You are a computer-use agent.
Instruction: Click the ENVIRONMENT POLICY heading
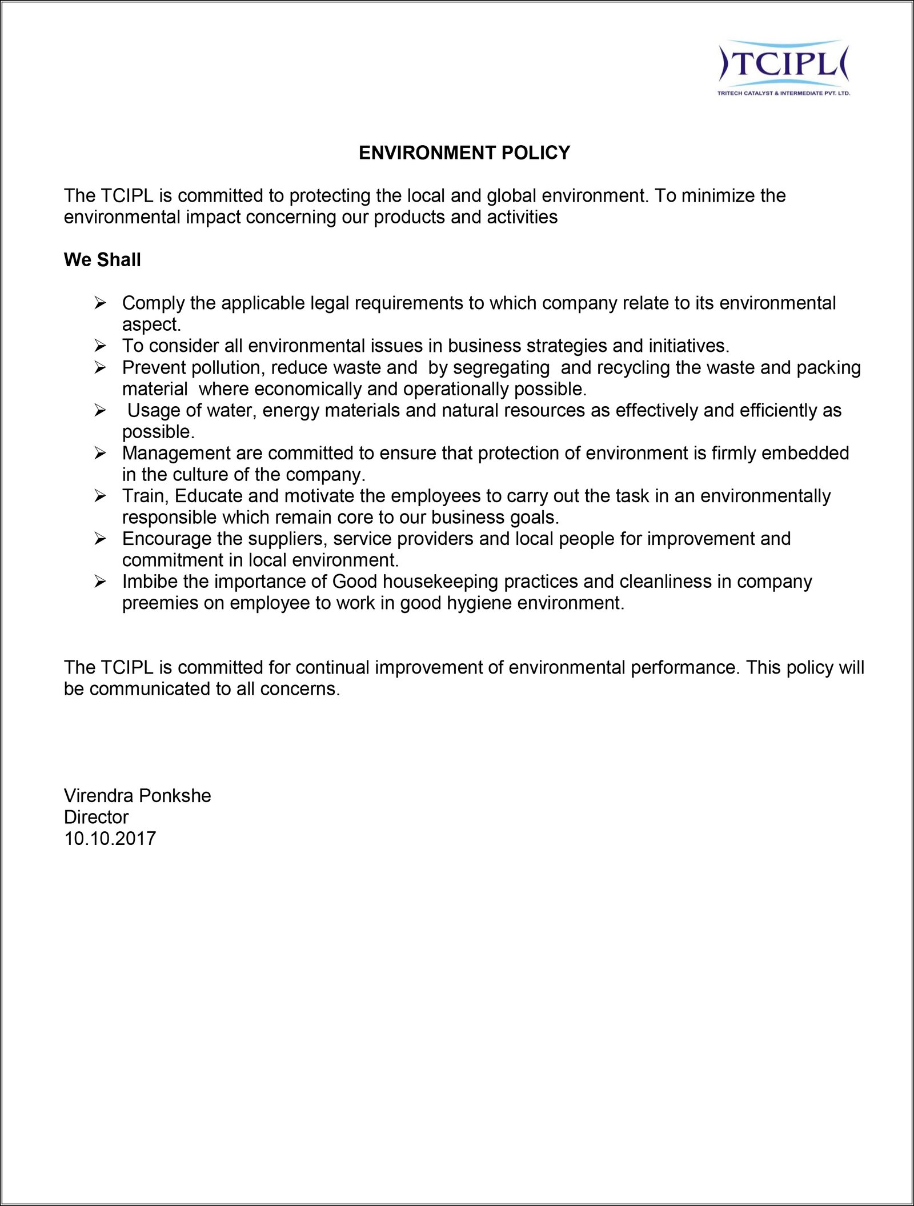pos(464,153)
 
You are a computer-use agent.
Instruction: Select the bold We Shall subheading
pos(102,260)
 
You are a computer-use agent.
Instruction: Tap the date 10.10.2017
pos(110,839)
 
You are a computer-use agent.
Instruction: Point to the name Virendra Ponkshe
pos(137,796)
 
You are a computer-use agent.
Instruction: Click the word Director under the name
pos(96,817)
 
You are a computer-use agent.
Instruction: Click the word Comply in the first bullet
pos(153,303)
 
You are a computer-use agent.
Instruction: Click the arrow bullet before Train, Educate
pos(101,496)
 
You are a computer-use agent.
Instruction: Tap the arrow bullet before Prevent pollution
pos(101,367)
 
